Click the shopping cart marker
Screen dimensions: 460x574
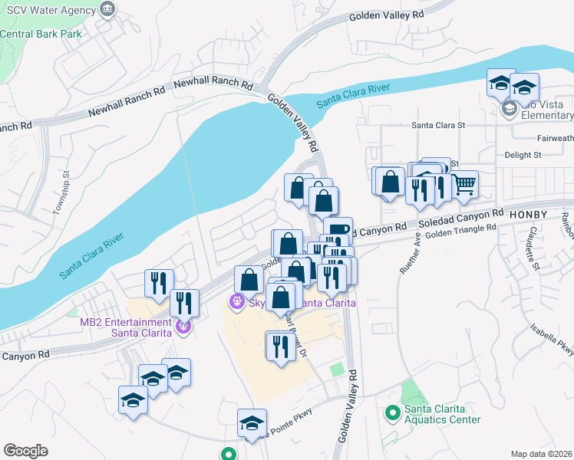(x=464, y=185)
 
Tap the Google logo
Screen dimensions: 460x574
(x=25, y=451)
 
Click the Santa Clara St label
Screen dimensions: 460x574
(x=438, y=124)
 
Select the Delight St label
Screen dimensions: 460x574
(x=523, y=155)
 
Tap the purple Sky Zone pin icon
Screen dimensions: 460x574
(x=238, y=303)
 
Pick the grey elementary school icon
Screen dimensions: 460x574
(x=509, y=110)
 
